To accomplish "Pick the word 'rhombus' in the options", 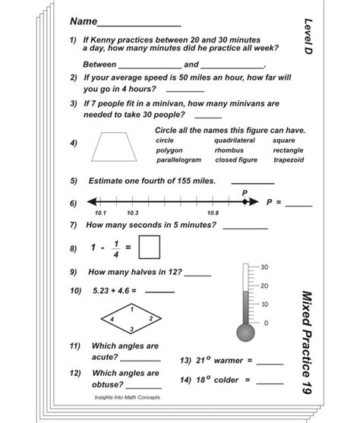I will pos(229,150).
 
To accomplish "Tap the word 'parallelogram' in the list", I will pos(178,160).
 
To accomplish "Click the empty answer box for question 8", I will pos(150,247).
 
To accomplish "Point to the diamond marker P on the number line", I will pos(245,203).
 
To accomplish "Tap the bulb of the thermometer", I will pos(246,333).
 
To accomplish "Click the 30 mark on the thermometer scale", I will pos(265,267).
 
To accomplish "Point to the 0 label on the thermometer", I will pos(265,323).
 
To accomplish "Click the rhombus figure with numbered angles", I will pos(134,316).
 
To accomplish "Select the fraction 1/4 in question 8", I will pos(116,247).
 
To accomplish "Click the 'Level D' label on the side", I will pos(308,35).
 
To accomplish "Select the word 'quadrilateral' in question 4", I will pos(235,140).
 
